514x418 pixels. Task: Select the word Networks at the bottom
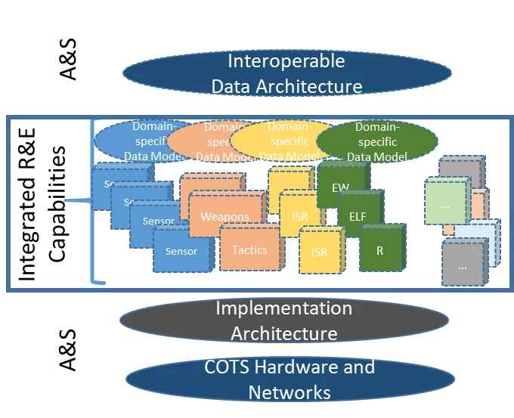(x=290, y=392)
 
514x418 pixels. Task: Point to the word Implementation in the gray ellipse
(x=283, y=308)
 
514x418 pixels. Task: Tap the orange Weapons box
(x=224, y=217)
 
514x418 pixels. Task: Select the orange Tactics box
(x=249, y=250)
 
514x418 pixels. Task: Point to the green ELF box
(x=358, y=215)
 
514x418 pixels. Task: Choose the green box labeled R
(x=379, y=251)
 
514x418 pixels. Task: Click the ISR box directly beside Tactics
(x=319, y=252)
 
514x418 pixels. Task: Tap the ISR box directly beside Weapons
(x=299, y=217)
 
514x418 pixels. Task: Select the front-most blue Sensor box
(x=181, y=251)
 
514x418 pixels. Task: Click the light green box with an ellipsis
(x=444, y=204)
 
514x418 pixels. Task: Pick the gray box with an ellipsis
(x=462, y=265)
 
